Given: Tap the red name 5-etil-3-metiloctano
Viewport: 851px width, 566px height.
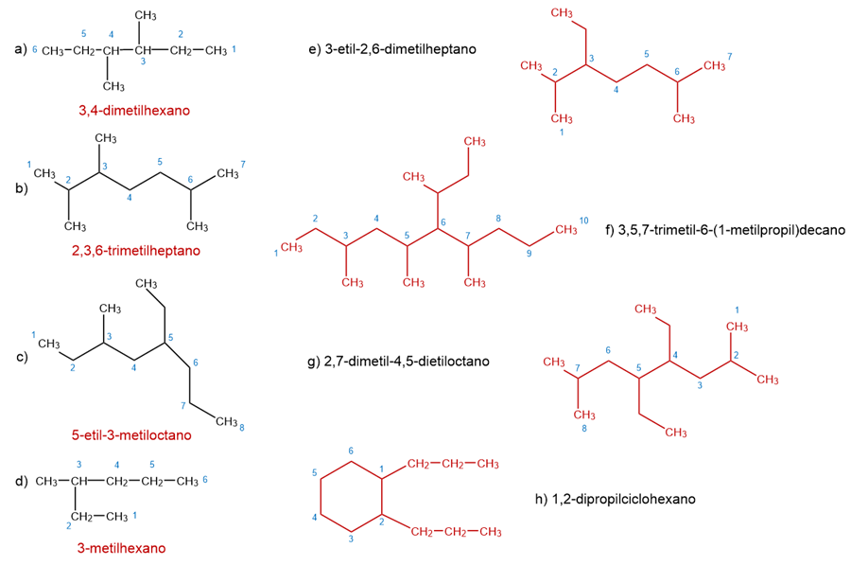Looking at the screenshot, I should (x=131, y=435).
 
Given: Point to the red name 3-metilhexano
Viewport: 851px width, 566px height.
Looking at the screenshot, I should (x=121, y=547).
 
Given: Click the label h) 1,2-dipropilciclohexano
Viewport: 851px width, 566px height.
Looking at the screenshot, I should (x=615, y=498).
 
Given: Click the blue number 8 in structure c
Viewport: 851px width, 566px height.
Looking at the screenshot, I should (x=242, y=428).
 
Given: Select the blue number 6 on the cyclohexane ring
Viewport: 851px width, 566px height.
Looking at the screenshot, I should (x=352, y=451).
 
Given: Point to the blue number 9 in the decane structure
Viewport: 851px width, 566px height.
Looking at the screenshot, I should (x=530, y=254).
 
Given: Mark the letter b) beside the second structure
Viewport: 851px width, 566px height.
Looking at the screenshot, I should (x=21, y=187).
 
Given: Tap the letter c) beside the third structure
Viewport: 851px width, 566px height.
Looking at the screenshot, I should (x=21, y=358).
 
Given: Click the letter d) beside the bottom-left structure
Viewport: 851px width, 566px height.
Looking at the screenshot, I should (x=21, y=481).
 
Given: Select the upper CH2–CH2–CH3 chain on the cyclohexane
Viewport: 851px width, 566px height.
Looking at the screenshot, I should (x=453, y=464).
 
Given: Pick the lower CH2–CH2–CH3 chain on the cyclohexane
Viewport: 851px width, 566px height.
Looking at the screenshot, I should (x=456, y=531).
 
